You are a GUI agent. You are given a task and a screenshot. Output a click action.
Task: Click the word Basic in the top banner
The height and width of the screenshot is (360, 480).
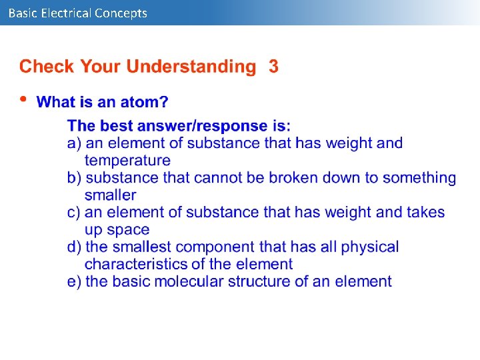click(x=23, y=13)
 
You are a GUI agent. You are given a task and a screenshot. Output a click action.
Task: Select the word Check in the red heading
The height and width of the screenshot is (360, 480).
click(x=47, y=67)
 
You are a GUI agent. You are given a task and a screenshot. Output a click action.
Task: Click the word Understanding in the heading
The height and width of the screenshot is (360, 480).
click(x=191, y=67)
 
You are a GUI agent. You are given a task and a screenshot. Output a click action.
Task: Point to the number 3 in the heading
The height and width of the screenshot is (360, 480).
click(x=273, y=67)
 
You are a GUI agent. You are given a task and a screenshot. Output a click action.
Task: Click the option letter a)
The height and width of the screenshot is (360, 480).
click(x=75, y=143)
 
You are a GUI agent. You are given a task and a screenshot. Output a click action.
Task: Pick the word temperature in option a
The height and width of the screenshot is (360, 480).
click(x=127, y=160)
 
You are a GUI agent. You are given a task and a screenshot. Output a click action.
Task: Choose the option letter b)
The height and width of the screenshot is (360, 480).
click(x=75, y=177)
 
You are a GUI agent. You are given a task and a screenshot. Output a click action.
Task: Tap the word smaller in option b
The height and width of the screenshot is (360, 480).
click(x=110, y=195)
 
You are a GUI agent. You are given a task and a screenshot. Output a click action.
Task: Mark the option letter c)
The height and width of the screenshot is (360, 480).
click(x=75, y=212)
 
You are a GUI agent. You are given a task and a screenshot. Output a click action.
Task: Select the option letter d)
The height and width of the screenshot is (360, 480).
click(x=75, y=247)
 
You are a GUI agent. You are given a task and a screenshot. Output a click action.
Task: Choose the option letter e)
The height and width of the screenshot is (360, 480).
click(x=75, y=281)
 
